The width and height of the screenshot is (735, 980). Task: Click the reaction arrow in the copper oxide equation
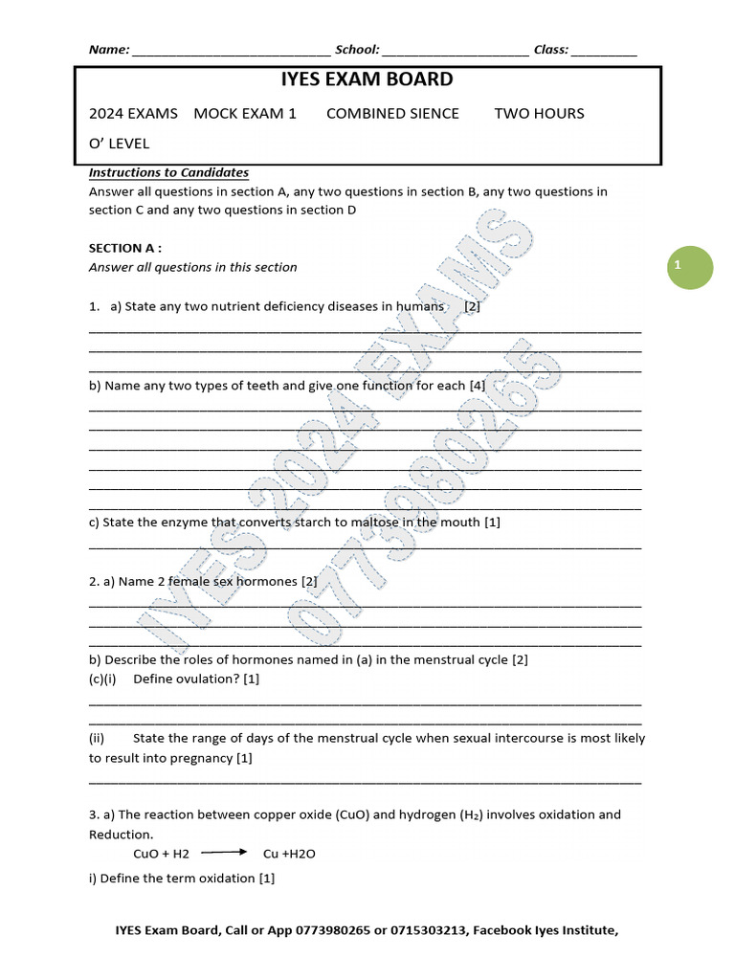tap(224, 852)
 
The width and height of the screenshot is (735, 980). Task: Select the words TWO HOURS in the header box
tap(539, 113)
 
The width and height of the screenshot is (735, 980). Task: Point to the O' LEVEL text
tap(119, 144)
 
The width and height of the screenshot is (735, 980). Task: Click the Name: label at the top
tap(109, 50)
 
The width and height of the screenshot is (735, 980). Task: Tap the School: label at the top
tap(357, 50)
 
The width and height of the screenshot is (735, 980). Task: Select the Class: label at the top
tap(551, 50)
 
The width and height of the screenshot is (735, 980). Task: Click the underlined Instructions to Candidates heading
tap(168, 172)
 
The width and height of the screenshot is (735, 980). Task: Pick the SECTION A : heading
tap(125, 248)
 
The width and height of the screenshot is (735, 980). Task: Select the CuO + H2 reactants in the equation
tap(162, 854)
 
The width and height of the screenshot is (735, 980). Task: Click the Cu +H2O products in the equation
tap(289, 854)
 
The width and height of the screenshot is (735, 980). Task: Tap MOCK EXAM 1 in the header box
tap(245, 113)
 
